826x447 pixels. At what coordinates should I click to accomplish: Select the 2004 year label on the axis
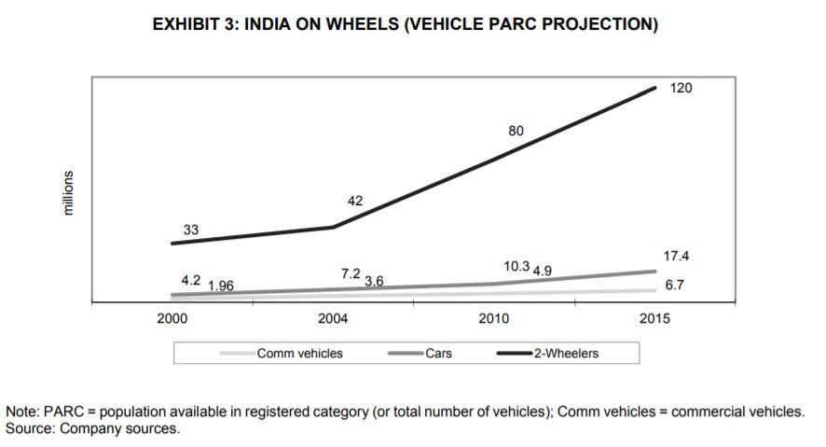coord(333,319)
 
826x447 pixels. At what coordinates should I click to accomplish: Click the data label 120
coord(681,88)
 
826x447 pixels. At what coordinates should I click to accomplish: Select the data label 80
coord(516,132)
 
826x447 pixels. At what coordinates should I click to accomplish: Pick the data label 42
coord(354,200)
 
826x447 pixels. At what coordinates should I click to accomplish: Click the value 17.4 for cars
coord(677,255)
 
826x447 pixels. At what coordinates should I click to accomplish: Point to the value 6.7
coord(675,286)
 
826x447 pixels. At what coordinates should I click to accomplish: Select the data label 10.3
coord(516,266)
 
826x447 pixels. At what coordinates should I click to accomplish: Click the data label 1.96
coord(220,286)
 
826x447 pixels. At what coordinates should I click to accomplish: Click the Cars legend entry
coord(438,354)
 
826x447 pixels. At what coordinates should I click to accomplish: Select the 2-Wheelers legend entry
coord(566,354)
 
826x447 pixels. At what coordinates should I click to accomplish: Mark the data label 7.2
coord(351,274)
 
